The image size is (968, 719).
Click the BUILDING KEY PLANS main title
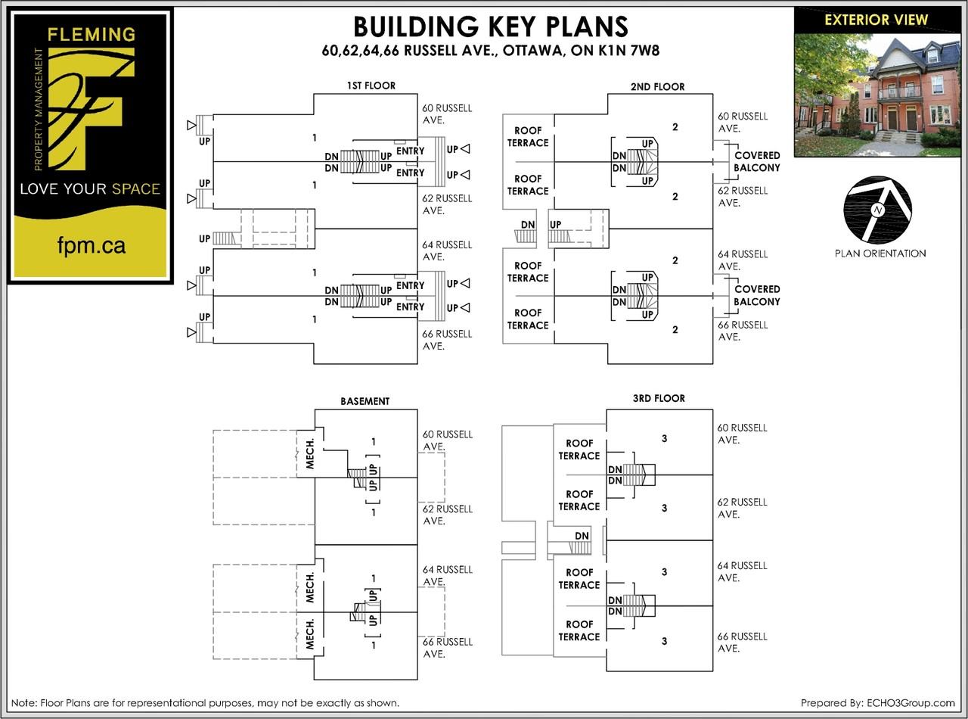pos(490,27)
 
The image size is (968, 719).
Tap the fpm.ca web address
pos(92,246)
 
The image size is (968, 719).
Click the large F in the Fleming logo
pos(91,110)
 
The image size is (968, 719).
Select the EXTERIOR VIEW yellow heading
pos(876,20)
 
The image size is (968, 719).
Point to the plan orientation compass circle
pos(878,210)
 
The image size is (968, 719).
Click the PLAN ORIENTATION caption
pos(880,254)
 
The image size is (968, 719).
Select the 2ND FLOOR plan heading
pos(657,86)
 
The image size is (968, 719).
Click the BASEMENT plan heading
pos(365,401)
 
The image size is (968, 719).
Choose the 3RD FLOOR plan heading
pos(659,398)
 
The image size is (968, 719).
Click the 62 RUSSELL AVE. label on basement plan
pos(448,515)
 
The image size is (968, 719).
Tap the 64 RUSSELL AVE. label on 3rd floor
pos(742,571)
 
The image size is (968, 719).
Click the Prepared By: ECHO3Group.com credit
pos(877,703)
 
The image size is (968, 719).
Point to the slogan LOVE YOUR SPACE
pos(90,189)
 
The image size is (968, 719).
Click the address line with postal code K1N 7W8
pos(490,51)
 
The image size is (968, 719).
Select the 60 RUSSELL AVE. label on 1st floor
pos(447,114)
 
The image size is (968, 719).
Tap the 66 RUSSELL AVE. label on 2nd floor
pos(742,331)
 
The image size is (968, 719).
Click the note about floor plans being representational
pos(205,703)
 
